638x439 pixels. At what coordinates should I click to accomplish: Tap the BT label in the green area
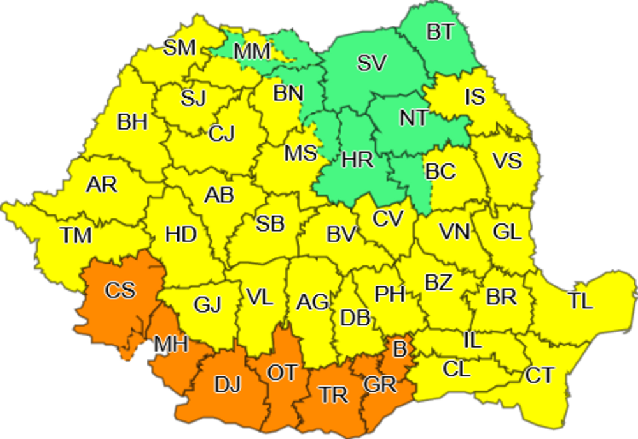click(440, 33)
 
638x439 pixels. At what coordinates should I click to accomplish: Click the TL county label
click(580, 301)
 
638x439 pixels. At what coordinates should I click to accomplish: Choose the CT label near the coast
click(539, 375)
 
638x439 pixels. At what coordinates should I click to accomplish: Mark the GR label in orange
click(380, 385)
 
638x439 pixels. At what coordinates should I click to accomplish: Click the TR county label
click(334, 395)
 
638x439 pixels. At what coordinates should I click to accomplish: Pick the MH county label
click(171, 345)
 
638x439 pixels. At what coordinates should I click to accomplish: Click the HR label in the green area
click(357, 159)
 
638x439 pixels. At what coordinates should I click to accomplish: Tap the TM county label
click(76, 235)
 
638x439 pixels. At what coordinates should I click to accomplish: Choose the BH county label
click(133, 122)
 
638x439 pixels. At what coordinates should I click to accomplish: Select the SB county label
click(270, 224)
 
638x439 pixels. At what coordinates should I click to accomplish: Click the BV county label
click(341, 234)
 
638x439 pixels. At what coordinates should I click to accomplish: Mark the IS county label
click(475, 97)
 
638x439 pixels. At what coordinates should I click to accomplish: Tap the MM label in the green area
click(253, 51)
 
